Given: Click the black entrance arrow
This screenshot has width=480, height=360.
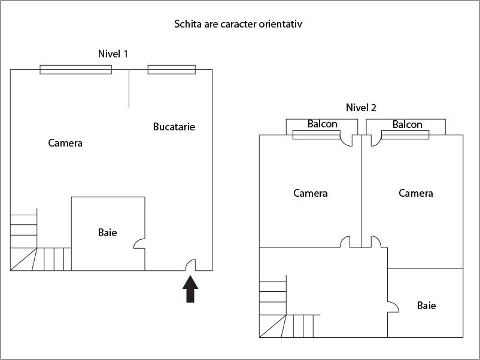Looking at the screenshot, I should [190, 289].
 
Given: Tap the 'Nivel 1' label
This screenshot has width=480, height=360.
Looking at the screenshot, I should [113, 54].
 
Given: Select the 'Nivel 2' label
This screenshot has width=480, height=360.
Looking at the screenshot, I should [361, 108].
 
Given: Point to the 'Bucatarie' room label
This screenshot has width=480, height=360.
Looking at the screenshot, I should [174, 127].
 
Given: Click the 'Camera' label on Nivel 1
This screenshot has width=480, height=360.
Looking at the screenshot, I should [65, 143].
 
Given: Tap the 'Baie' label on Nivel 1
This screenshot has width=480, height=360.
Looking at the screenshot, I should [107, 232].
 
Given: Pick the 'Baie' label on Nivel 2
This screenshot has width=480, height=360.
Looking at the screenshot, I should [426, 306].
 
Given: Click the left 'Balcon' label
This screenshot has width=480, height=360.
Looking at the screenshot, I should [323, 124].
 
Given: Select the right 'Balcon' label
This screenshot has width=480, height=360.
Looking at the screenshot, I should [408, 124].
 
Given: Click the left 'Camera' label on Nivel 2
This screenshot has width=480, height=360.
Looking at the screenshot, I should [311, 193].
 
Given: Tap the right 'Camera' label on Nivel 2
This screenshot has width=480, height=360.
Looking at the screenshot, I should [416, 193].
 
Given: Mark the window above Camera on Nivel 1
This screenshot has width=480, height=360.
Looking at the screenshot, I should [75, 69].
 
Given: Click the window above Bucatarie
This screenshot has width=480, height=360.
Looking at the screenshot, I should [172, 69].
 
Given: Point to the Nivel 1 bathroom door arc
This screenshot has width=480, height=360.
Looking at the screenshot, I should [139, 244].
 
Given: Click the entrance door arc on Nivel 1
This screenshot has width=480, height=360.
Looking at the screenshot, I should [192, 265].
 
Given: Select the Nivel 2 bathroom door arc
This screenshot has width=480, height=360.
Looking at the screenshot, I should [394, 307].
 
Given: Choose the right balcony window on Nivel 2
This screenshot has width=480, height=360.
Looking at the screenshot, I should [405, 135].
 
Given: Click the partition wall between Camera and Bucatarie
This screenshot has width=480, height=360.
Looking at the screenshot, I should [129, 89].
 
